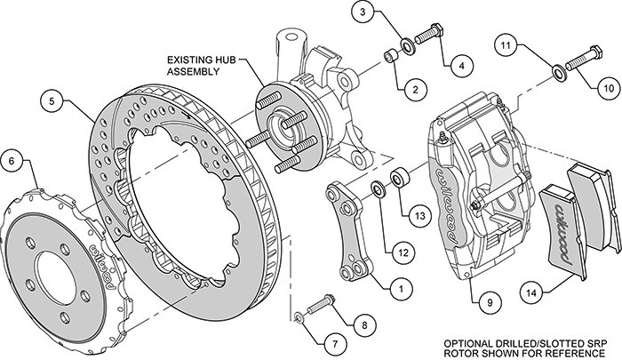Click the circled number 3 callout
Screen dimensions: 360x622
[x=363, y=12]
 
